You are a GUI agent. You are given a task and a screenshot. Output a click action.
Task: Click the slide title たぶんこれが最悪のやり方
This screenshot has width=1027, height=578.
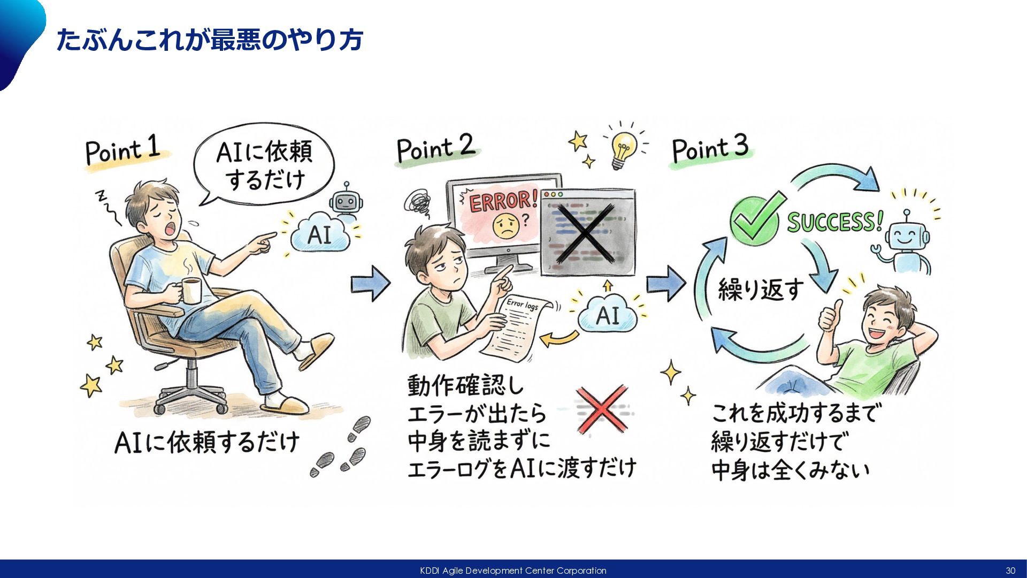click(x=210, y=40)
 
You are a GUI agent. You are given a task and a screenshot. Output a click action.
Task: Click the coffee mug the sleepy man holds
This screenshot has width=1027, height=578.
click(x=191, y=291)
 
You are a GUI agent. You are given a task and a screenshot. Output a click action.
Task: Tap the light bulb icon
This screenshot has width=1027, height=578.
click(x=624, y=147)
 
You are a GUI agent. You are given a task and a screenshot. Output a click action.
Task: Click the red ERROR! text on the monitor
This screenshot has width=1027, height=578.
click(x=503, y=202)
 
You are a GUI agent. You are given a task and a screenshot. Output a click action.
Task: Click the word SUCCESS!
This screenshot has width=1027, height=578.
click(x=834, y=221)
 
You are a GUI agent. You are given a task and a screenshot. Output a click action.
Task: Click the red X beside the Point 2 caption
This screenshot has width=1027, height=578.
click(x=602, y=409)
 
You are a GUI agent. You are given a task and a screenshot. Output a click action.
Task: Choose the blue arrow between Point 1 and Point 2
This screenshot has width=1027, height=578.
click(x=371, y=284)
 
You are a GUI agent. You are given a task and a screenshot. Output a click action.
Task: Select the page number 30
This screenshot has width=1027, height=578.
click(x=1010, y=571)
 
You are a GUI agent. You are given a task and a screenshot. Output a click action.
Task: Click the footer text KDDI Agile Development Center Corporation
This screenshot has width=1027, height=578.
click(x=513, y=571)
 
